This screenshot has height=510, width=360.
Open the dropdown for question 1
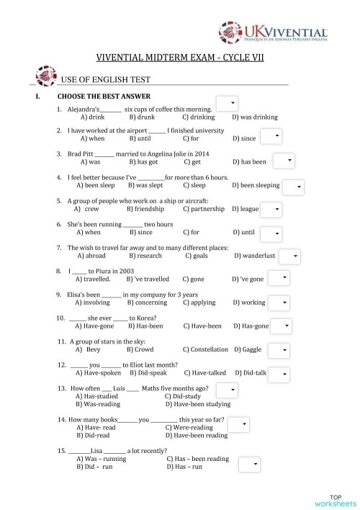(x=225, y=103)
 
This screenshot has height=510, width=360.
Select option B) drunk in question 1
(x=142, y=116)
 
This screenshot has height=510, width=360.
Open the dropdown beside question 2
(x=270, y=136)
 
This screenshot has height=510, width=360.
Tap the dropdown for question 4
(x=293, y=187)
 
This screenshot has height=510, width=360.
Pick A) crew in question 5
(x=86, y=209)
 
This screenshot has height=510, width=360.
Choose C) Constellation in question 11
(x=205, y=349)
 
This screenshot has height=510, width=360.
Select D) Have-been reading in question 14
(x=196, y=435)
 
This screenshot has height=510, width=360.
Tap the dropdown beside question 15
(x=248, y=464)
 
